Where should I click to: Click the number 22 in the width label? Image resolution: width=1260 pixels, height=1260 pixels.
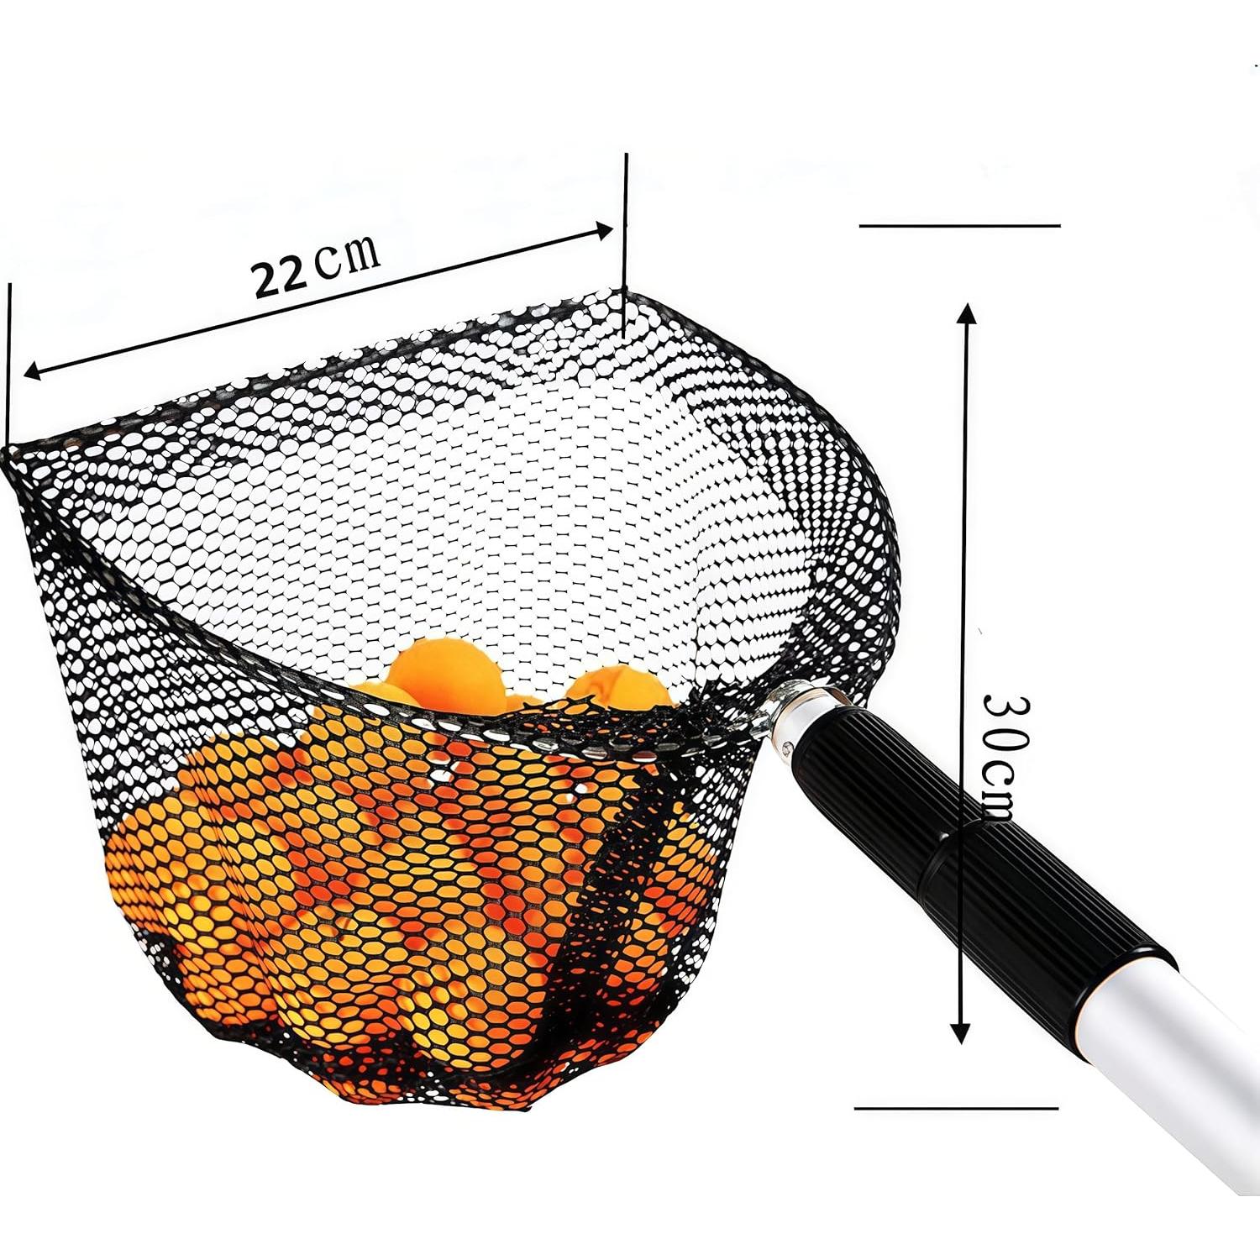[x=281, y=276]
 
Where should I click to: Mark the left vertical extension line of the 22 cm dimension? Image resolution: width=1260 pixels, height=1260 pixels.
[x=9, y=361]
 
